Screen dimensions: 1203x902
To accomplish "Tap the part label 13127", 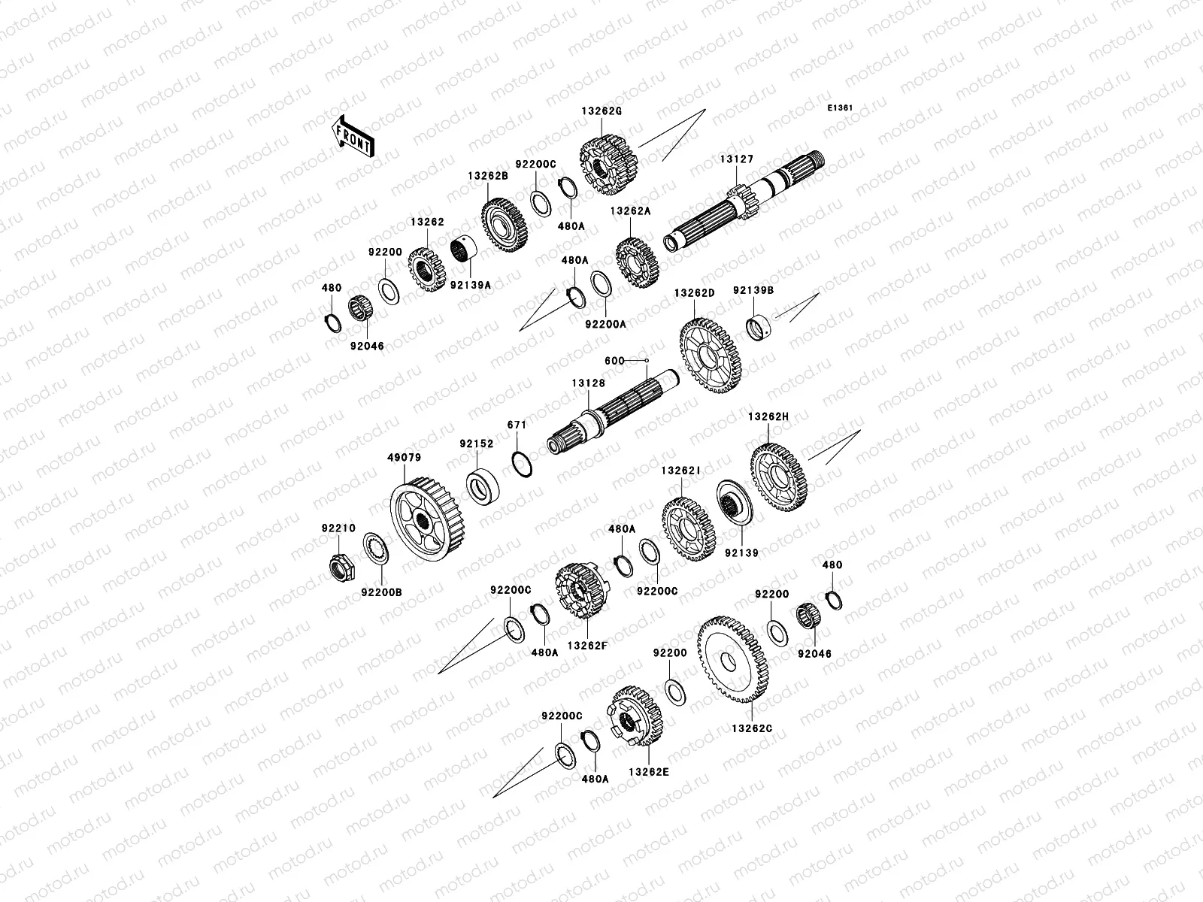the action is (737, 159).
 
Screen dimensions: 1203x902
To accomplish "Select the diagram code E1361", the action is (840, 108).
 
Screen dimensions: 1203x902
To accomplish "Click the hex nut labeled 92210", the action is (342, 568).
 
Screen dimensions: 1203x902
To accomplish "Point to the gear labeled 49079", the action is (428, 519).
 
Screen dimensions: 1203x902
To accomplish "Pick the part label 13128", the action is (589, 383).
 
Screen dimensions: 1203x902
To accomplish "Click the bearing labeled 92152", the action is (483, 486).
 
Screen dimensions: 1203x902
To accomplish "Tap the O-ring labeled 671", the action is (522, 465).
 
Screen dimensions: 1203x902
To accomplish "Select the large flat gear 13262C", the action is (733, 660).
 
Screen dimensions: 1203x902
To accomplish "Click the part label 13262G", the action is (601, 111).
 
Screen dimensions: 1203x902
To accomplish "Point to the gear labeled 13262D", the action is (711, 356).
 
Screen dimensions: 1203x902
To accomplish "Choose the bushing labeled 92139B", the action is (759, 328).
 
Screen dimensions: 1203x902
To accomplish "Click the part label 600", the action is (614, 361).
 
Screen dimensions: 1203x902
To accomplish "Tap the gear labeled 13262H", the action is (779, 477).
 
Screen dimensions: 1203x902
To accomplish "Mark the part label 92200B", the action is (381, 592).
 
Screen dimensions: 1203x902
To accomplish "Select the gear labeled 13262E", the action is (635, 716).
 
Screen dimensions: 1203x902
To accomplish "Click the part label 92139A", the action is (471, 286).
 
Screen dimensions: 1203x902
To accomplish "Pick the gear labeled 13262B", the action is (505, 225).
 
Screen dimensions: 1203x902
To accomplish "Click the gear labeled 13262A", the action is (637, 263).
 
